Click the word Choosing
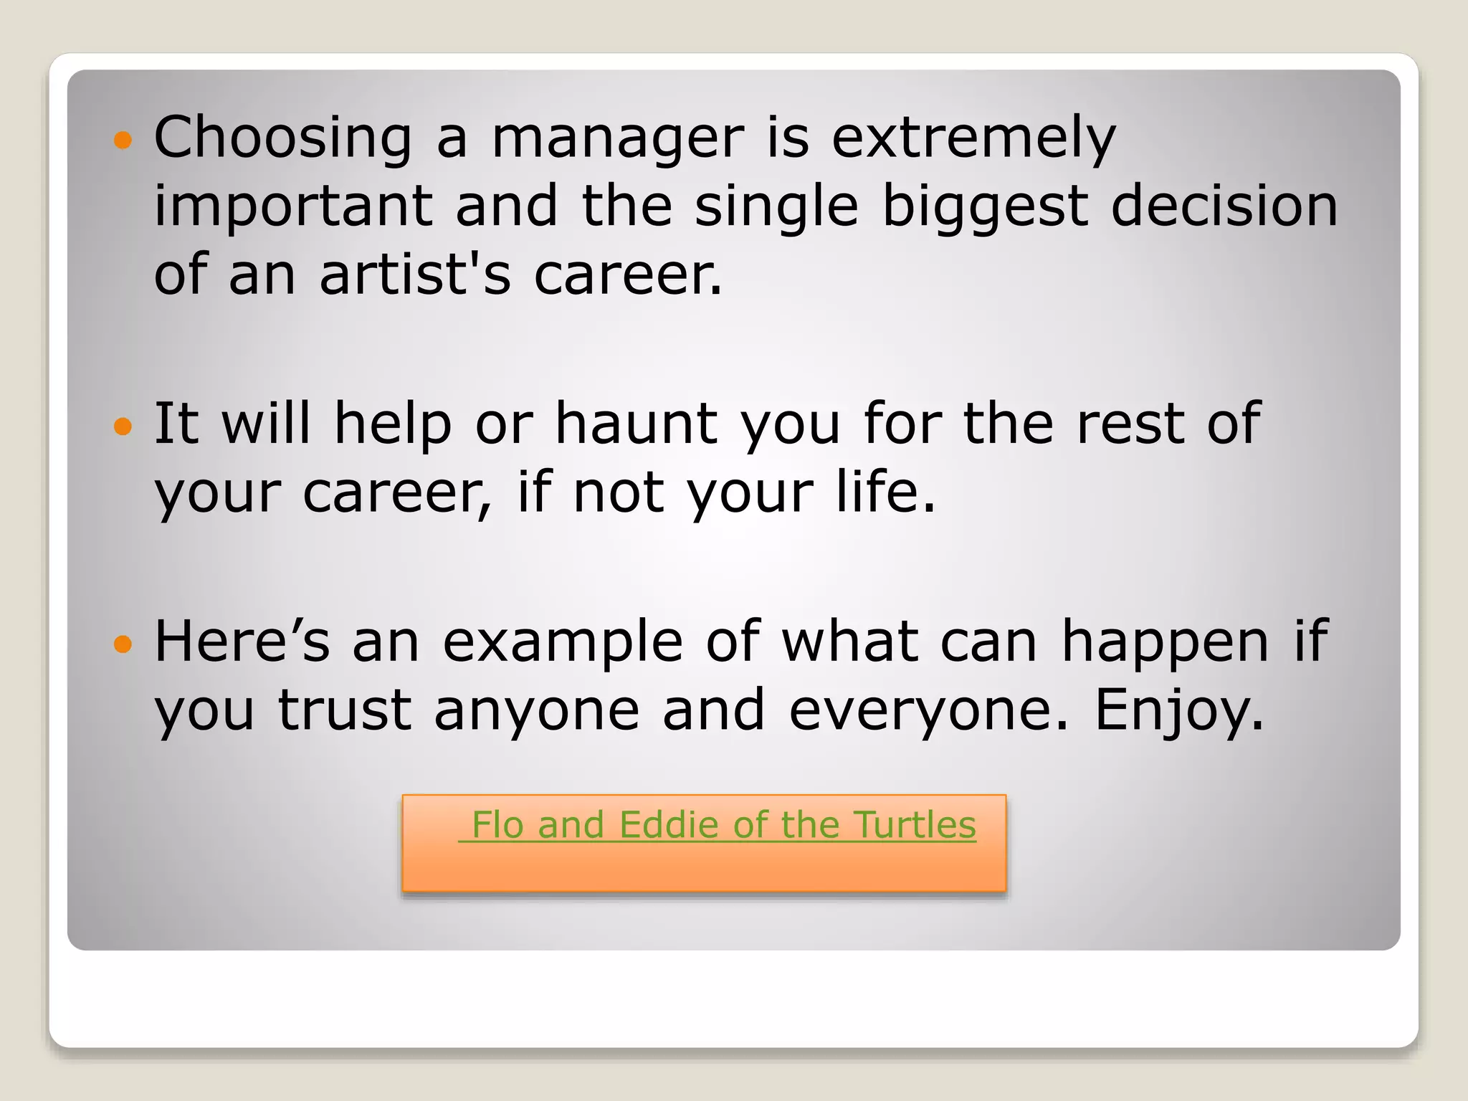click(283, 138)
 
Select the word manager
click(618, 138)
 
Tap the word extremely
click(973, 138)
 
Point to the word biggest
click(984, 206)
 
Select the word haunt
click(637, 423)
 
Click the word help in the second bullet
click(393, 423)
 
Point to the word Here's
click(242, 641)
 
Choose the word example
click(563, 642)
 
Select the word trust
click(345, 710)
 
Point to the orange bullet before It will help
click(123, 426)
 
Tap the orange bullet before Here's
click(123, 644)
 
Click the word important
click(293, 206)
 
